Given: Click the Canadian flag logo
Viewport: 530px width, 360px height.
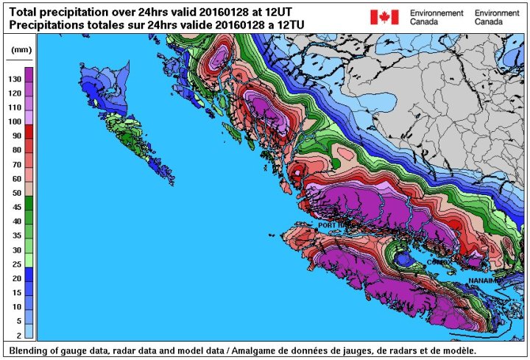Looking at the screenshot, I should click(384, 17).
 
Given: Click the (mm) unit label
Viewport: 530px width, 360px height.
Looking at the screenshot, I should click(18, 51).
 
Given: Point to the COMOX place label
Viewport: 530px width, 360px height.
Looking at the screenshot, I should click(437, 261).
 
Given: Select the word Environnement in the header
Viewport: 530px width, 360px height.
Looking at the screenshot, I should click(437, 13).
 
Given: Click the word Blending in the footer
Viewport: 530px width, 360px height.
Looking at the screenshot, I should click(30, 350).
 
